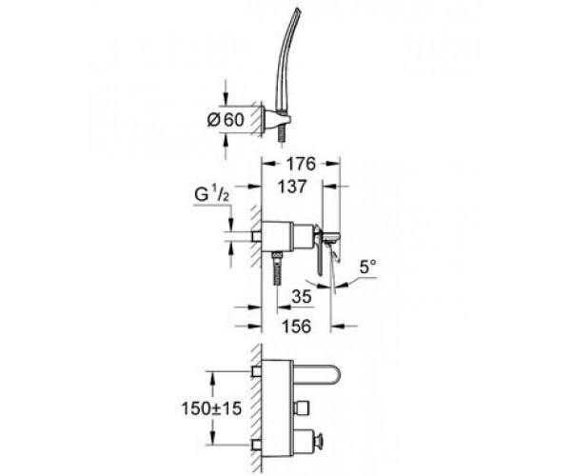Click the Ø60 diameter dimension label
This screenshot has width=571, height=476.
coord(226,120)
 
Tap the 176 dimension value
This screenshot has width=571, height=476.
coord(301,164)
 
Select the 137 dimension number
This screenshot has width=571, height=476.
coord(292,187)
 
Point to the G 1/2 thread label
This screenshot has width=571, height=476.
coord(211,195)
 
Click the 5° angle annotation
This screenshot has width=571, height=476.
coord(367,267)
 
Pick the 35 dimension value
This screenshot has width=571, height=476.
coord(302,296)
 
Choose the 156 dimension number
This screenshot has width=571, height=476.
coord(297,326)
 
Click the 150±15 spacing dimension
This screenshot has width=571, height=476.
coord(211,408)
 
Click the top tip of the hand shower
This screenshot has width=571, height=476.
coord(300,10)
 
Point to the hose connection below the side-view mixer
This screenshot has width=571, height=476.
coord(278,268)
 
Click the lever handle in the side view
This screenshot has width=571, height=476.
coord(320,251)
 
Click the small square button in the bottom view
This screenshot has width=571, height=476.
coord(302,407)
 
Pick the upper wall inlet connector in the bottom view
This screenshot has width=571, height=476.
coord(257,371)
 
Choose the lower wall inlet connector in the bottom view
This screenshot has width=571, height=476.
coord(257,445)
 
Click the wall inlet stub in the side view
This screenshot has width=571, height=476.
coord(257,237)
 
